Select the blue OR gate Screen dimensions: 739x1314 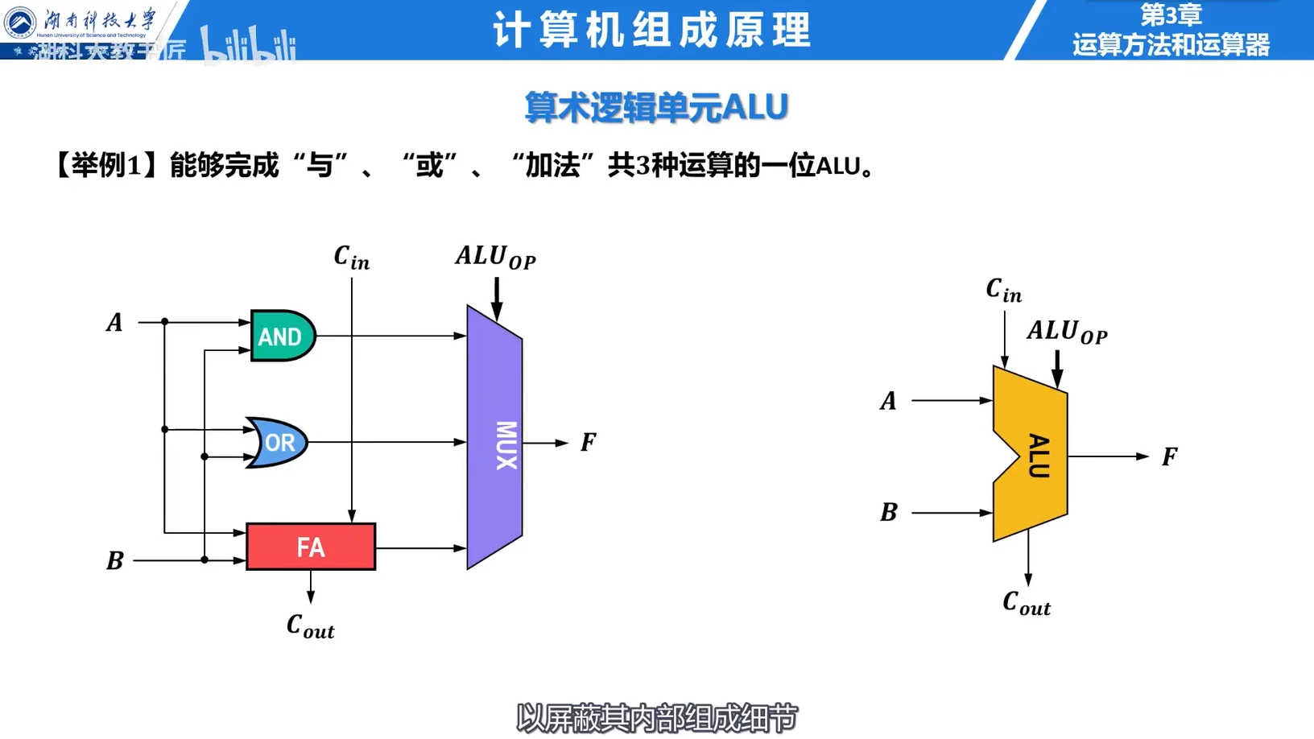coord(278,442)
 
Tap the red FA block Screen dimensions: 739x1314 coord(311,547)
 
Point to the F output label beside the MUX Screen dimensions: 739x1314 coord(589,442)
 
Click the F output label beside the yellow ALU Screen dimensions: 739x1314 coord(1170,457)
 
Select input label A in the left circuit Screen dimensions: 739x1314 coord(115,323)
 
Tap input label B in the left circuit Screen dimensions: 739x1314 coord(115,560)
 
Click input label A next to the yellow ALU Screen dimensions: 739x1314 coord(888,401)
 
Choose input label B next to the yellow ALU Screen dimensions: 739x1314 coord(888,512)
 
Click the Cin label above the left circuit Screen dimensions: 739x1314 coord(351,258)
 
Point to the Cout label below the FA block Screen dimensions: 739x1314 coord(310,626)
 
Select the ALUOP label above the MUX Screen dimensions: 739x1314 coord(495,257)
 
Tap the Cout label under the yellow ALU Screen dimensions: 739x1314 coord(1027,603)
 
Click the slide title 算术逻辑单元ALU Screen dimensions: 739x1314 coord(656,107)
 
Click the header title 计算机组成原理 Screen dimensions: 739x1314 coord(651,31)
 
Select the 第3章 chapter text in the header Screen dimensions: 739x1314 coord(1171,14)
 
